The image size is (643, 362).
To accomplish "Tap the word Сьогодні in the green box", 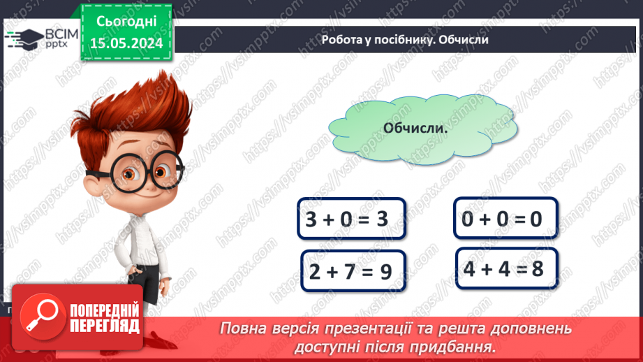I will click(x=126, y=21).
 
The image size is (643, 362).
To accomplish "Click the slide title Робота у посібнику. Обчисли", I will click(x=404, y=40).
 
